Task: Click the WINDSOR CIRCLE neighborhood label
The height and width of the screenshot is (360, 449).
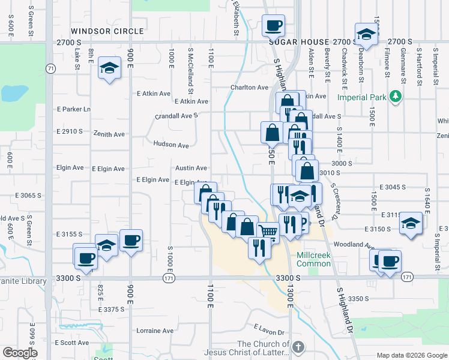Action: tap(107, 31)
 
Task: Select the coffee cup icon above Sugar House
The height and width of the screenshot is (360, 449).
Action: tap(273, 26)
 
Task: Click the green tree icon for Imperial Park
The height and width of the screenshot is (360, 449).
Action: tap(395, 96)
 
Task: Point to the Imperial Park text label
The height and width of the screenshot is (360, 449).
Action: tap(363, 97)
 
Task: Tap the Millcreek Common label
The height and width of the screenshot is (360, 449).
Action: tap(313, 260)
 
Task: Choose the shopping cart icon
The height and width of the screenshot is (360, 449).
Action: tap(268, 231)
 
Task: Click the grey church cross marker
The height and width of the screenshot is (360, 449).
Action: tap(298, 347)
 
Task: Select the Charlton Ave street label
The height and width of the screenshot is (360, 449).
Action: tap(249, 88)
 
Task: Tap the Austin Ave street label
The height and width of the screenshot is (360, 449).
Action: tap(191, 169)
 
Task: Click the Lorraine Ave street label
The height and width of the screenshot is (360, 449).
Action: tap(155, 331)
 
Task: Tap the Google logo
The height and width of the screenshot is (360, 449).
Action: tap(20, 352)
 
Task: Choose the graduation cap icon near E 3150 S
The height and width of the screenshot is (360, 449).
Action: tap(411, 223)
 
